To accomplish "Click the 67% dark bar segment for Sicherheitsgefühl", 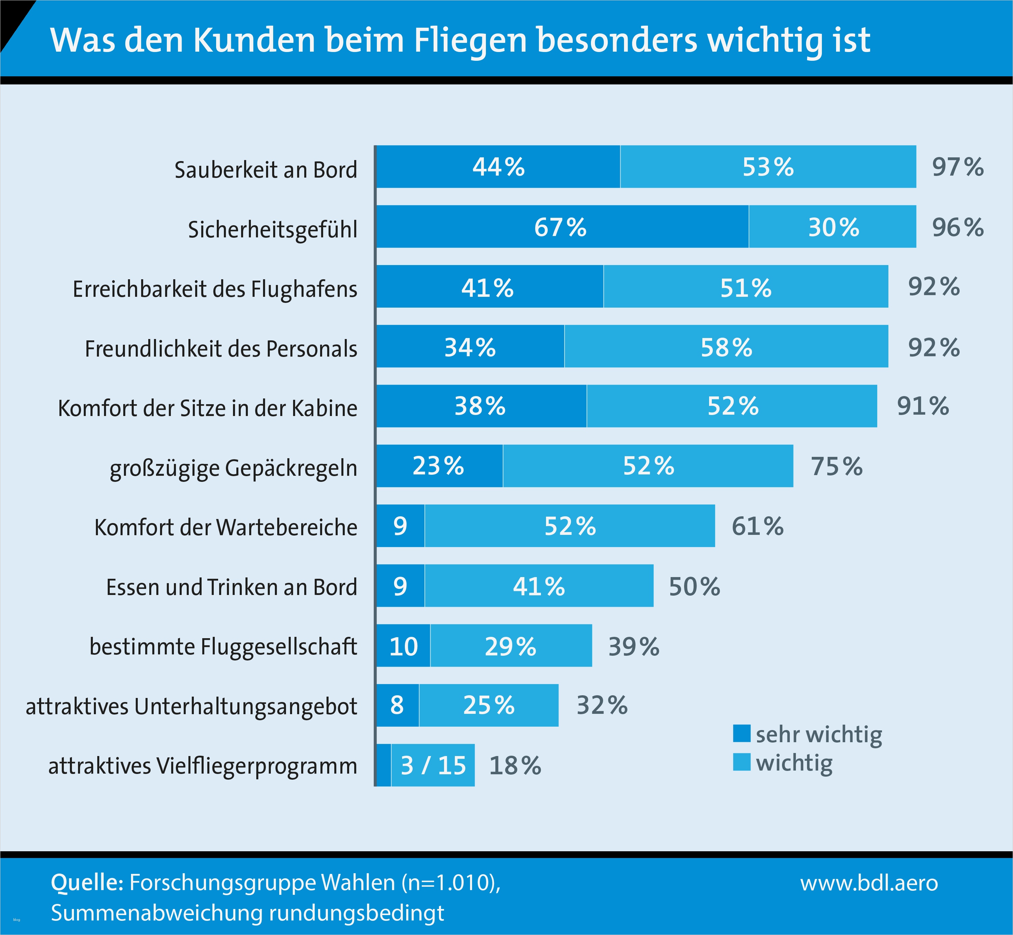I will pyautogui.click(x=562, y=227).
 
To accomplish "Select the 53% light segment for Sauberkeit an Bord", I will pyautogui.click(x=768, y=167).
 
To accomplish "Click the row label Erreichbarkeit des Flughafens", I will pyautogui.click(x=215, y=289).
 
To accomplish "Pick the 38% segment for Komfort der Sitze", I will pyautogui.click(x=481, y=406).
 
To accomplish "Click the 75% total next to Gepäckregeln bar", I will pyautogui.click(x=836, y=466).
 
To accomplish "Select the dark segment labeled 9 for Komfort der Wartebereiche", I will pyautogui.click(x=400, y=526).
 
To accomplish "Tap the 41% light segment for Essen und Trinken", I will pyautogui.click(x=539, y=586).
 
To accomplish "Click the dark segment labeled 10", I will pyautogui.click(x=403, y=646).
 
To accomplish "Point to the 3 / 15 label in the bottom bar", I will pyautogui.click(x=433, y=765).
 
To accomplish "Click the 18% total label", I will pyautogui.click(x=515, y=765).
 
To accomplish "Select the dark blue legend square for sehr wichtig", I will pyautogui.click(x=741, y=734).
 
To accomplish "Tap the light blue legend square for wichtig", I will pyautogui.click(x=741, y=762).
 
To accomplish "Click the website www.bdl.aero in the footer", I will pyautogui.click(x=869, y=883).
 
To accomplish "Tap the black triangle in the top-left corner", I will pyautogui.click(x=12, y=20).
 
